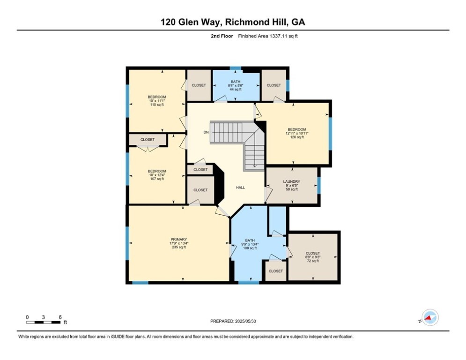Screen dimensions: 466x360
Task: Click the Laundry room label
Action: click(x=292, y=181)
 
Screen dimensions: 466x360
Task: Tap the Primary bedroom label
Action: click(x=178, y=240)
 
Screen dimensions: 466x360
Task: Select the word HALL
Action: click(x=240, y=187)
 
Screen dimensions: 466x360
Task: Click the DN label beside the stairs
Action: click(x=206, y=132)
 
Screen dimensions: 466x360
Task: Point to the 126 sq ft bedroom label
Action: click(x=297, y=133)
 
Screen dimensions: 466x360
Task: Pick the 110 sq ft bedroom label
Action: click(x=157, y=101)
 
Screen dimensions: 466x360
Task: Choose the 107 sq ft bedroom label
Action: click(x=157, y=175)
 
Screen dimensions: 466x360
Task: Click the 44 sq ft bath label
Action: click(x=236, y=85)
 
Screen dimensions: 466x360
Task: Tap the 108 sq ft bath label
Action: click(x=250, y=244)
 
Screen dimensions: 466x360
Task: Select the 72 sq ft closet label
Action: click(x=313, y=257)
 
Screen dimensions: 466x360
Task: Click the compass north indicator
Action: click(x=430, y=317)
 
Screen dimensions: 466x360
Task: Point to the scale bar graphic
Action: click(x=44, y=322)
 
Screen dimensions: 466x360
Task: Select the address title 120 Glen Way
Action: click(x=192, y=22)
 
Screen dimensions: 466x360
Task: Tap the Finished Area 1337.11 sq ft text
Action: click(x=268, y=36)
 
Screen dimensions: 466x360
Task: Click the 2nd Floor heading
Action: click(x=222, y=36)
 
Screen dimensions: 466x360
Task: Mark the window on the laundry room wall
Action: click(x=318, y=186)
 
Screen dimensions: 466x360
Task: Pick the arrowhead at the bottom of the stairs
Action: click(x=255, y=165)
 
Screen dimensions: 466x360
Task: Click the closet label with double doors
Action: click(x=148, y=140)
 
